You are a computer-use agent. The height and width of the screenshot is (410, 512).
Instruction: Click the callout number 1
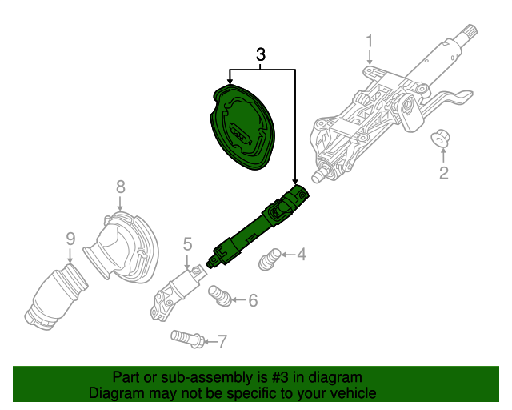(370, 41)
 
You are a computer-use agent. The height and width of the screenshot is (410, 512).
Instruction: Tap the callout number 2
(442, 172)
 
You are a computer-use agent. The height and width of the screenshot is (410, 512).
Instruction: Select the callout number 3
(261, 55)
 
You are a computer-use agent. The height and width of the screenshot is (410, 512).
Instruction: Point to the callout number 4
(301, 255)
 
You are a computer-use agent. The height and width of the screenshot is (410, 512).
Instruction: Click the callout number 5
(187, 243)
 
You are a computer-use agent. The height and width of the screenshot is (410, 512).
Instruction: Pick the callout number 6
(253, 301)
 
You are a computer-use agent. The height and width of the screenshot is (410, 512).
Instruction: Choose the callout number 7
(222, 342)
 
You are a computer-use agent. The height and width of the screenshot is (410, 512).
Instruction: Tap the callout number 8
(120, 187)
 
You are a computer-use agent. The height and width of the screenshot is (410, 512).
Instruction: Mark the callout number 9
(70, 238)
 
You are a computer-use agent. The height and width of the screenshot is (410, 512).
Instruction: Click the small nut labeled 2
(441, 139)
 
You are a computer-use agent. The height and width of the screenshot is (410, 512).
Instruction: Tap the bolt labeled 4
(271, 259)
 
